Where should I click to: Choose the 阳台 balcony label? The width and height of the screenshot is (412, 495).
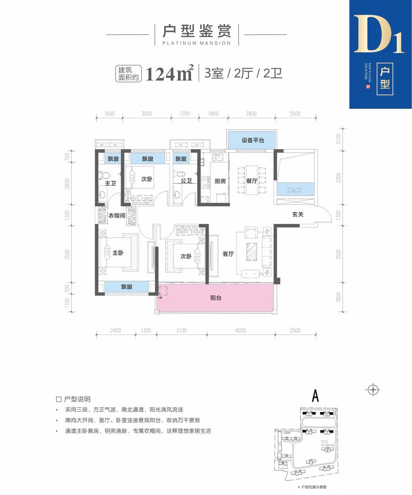tap(215, 298)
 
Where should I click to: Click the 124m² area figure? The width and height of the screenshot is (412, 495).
tap(169, 74)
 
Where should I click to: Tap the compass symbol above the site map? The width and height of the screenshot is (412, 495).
tap(373, 388)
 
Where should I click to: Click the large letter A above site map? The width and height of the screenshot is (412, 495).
tap(316, 395)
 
